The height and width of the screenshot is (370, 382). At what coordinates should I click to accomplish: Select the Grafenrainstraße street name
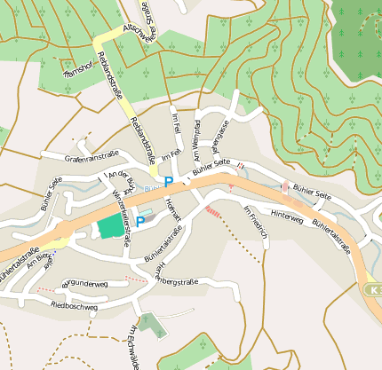coord(92,155)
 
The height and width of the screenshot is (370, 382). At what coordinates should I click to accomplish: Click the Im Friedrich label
coord(255,221)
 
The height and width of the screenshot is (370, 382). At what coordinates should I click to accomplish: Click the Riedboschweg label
coord(74,306)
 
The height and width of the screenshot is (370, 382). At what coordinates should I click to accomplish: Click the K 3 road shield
coord(373,289)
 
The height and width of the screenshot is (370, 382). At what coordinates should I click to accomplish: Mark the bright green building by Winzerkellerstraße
coord(111,225)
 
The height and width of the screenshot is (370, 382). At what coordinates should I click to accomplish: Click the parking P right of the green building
coord(139,222)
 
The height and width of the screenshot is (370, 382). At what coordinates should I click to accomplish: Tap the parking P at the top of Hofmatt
coord(168,182)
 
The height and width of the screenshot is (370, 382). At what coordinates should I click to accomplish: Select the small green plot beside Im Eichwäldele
coord(152,325)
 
